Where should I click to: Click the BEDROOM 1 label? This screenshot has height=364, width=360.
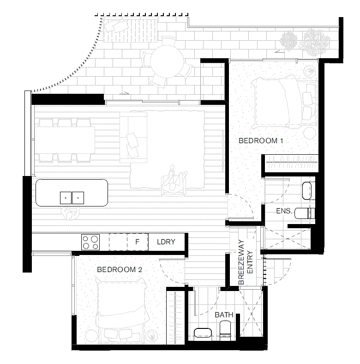[x=260, y=140]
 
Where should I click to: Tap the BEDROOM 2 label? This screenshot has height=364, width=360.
[x=119, y=270]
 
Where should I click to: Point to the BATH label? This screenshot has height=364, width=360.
[x=224, y=315]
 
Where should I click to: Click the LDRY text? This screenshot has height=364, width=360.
[x=166, y=242]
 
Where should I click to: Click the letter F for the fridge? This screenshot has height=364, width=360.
[x=137, y=242]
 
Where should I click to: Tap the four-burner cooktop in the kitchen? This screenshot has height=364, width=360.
[x=90, y=242]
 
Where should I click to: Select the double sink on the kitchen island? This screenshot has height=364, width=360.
[x=72, y=198]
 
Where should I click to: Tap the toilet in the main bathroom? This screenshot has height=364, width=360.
[x=226, y=330]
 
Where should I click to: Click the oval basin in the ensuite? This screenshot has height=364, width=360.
[x=306, y=190]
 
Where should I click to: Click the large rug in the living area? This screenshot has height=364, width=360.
[x=168, y=148]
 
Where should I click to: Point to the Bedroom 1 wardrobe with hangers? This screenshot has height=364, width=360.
[x=290, y=162]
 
